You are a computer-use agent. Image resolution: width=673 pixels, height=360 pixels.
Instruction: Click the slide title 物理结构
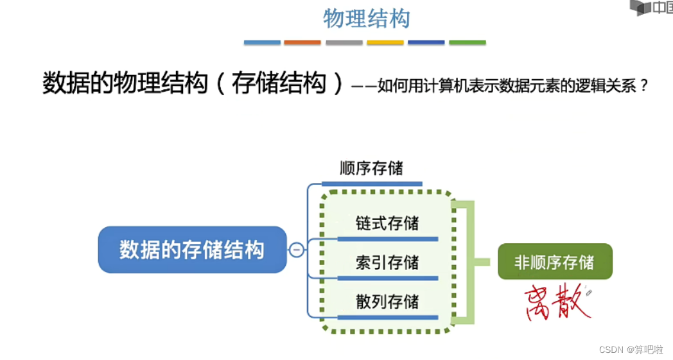(x=366, y=19)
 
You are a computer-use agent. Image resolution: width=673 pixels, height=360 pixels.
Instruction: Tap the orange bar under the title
(x=302, y=42)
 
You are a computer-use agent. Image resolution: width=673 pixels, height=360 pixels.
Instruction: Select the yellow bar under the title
(x=385, y=42)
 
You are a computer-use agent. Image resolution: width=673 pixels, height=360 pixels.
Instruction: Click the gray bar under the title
(x=344, y=42)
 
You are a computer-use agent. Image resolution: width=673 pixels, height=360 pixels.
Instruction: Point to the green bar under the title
(x=468, y=42)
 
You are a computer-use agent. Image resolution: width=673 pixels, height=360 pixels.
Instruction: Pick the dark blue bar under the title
(x=426, y=42)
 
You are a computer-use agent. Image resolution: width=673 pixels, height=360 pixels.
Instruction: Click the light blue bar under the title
(x=262, y=42)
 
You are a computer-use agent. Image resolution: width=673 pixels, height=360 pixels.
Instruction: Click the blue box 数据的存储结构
(x=192, y=250)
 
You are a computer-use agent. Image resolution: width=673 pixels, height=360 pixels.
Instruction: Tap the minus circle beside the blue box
(x=296, y=250)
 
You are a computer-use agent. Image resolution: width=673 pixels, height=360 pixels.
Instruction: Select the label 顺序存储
(x=372, y=169)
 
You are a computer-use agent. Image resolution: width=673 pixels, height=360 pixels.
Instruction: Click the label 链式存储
(x=387, y=223)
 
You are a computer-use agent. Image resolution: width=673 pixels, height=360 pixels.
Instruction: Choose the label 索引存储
(x=387, y=263)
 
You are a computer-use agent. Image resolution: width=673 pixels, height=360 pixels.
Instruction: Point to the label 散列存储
(x=387, y=302)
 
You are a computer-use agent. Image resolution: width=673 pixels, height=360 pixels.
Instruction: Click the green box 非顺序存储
(x=555, y=262)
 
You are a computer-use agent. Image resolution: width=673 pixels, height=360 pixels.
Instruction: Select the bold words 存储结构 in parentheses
(x=279, y=83)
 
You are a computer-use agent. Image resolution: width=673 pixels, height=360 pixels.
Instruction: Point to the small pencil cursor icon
(x=588, y=293)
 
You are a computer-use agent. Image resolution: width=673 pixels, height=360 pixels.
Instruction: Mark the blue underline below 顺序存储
(x=372, y=184)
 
